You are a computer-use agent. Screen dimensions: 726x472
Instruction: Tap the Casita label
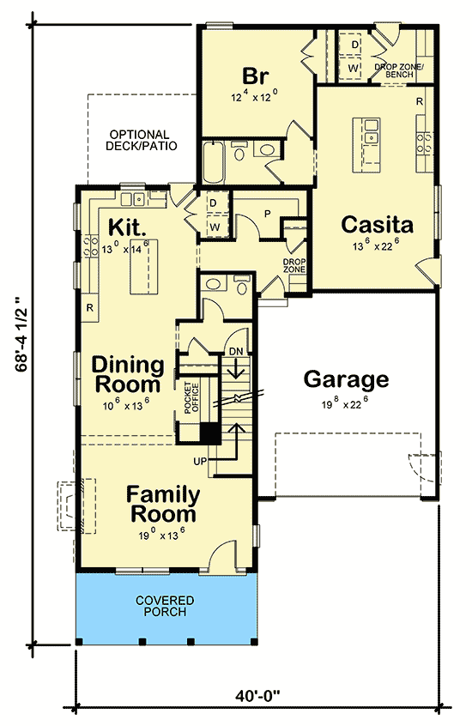[x=378, y=225]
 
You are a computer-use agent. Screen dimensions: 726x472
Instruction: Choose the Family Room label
[x=163, y=505]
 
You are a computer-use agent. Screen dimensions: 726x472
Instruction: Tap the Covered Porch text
[x=164, y=606]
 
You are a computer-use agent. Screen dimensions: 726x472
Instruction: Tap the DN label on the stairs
[x=236, y=351]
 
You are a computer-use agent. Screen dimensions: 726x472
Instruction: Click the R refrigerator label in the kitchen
[x=90, y=306]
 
